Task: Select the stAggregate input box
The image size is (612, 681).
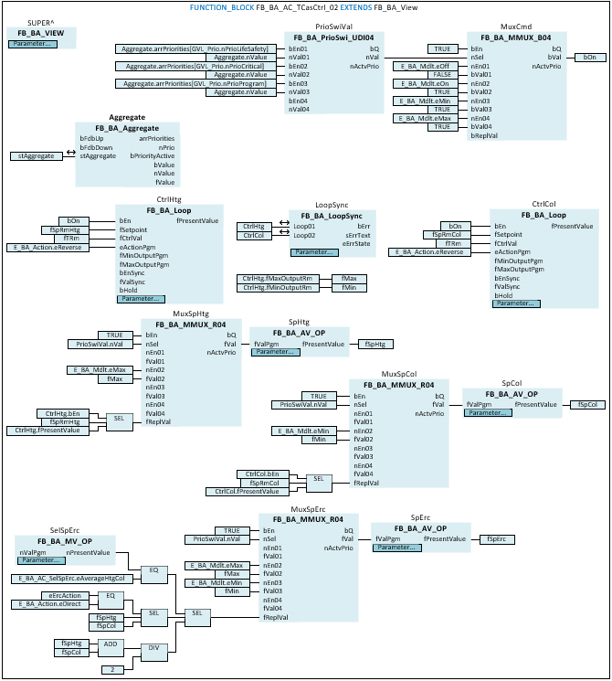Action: (36, 156)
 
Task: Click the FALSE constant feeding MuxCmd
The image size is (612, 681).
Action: (443, 75)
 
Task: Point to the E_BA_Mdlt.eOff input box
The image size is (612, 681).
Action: (425, 67)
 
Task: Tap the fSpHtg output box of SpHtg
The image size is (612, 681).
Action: (375, 344)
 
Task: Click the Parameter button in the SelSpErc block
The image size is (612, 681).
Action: (39, 561)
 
